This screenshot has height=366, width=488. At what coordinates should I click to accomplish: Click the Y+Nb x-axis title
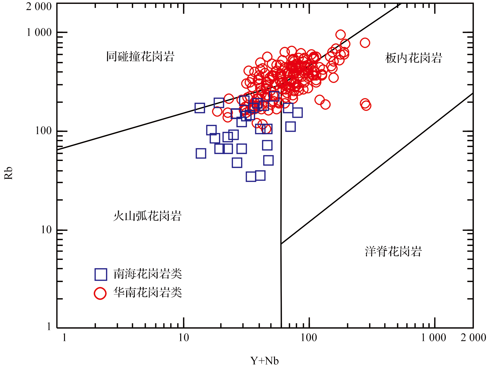264,360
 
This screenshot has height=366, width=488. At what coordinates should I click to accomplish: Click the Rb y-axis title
9,173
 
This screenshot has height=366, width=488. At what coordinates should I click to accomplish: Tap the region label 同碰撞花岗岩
140,56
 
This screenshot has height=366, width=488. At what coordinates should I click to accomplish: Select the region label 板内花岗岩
413,58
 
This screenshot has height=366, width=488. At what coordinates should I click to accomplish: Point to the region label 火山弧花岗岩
147,216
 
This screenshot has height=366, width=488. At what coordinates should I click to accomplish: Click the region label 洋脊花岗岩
393,251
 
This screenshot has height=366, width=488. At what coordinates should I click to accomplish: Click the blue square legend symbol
101,274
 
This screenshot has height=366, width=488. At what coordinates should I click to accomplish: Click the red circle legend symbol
100,293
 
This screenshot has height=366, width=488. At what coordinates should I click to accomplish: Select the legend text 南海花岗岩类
148,274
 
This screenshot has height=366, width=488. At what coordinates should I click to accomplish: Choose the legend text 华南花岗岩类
148,293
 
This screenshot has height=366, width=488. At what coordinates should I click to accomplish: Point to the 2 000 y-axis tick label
39,6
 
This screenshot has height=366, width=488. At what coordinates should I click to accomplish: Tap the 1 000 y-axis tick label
39,32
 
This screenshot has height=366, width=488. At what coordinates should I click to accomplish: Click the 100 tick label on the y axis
43,131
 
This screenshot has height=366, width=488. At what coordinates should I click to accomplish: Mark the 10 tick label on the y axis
46,230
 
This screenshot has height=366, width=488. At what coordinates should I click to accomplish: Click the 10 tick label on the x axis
184,337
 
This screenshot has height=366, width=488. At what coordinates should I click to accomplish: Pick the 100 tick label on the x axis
309,337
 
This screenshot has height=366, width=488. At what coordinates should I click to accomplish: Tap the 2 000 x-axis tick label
473,337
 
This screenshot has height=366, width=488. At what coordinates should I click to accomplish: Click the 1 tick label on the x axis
64,337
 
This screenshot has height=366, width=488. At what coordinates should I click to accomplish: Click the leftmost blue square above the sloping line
200,108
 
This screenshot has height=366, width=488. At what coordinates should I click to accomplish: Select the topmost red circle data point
340,35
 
